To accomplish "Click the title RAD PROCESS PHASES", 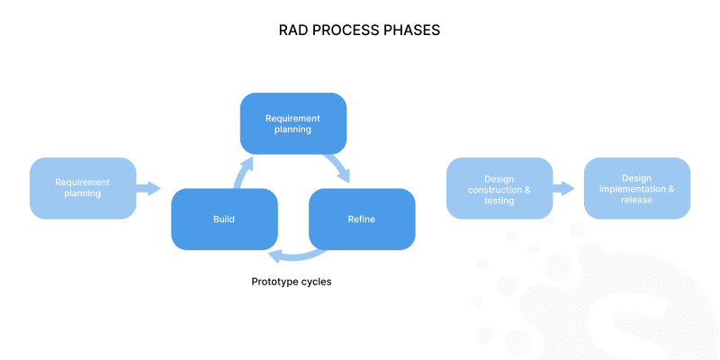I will (x=360, y=31).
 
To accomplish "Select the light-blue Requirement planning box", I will (x=83, y=188).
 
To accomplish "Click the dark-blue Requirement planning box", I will (x=293, y=123).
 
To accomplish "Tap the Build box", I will (x=224, y=219).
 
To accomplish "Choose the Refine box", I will (x=362, y=219).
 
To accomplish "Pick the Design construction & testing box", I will (x=499, y=188).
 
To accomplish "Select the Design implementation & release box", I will (x=637, y=188).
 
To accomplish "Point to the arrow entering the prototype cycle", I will (x=148, y=188).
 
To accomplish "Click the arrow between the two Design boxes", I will (x=564, y=188).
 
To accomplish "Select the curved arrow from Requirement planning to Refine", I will (x=340, y=167).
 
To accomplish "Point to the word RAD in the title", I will (x=296, y=31).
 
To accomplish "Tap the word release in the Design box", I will (x=636, y=201).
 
